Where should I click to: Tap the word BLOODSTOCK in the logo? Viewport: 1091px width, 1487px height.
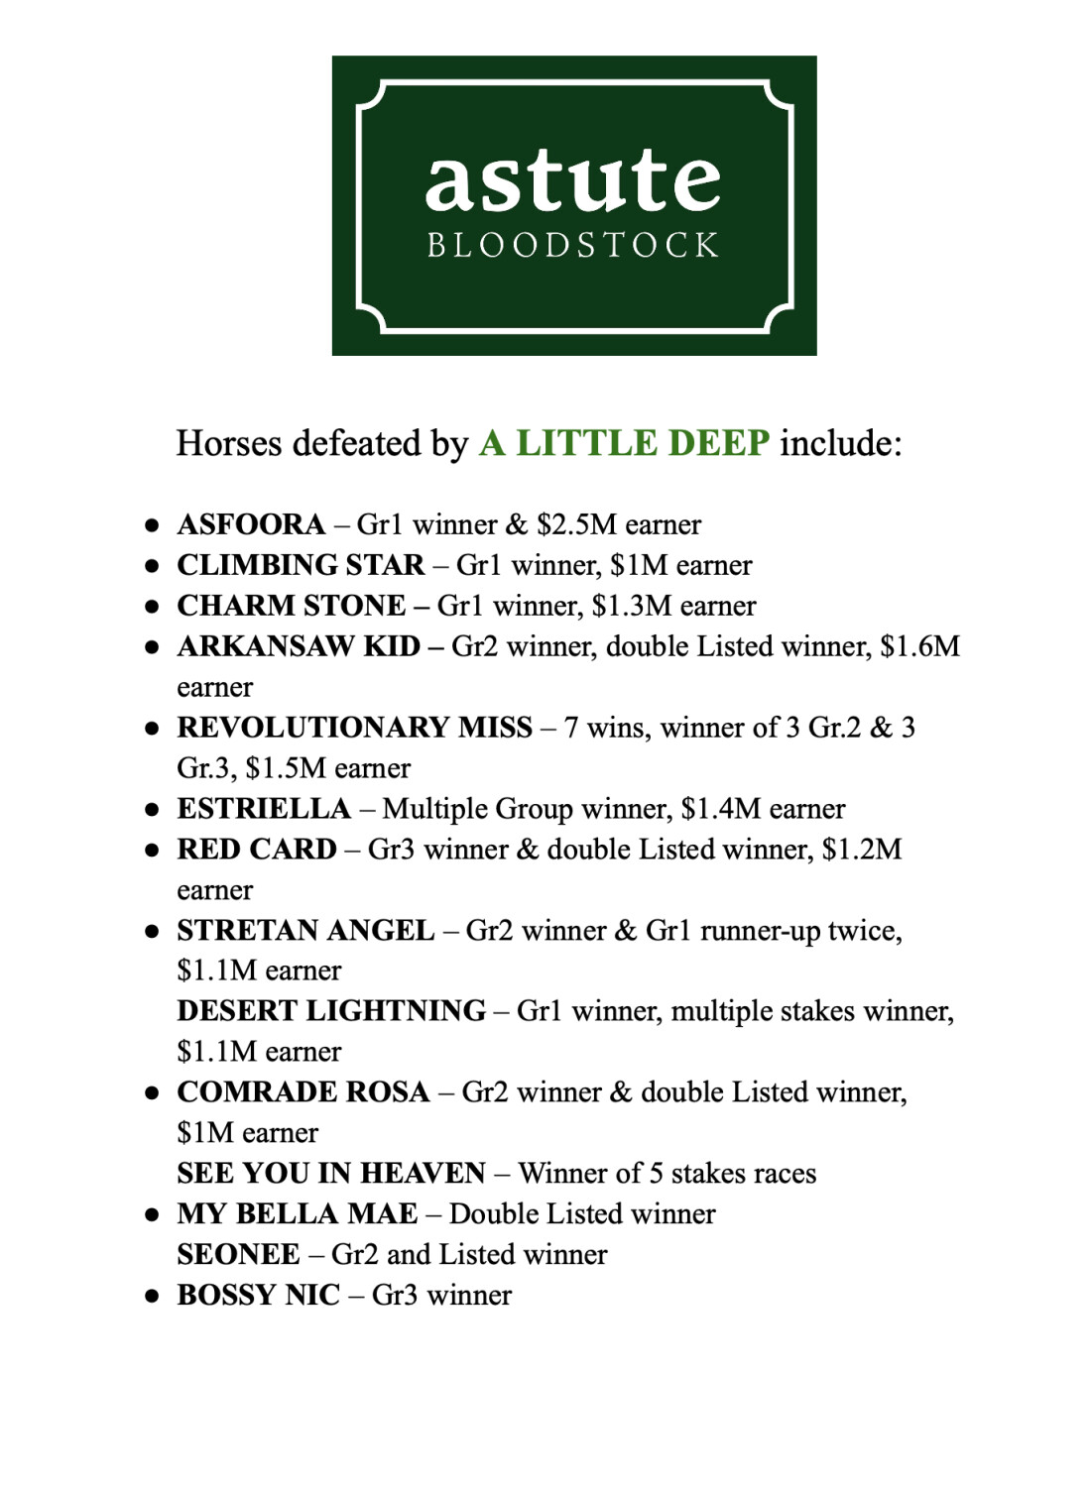point(573,245)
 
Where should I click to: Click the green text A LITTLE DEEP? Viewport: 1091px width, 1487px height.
point(624,443)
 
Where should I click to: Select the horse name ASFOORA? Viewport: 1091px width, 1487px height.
point(251,524)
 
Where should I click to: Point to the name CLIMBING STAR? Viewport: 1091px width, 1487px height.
point(301,565)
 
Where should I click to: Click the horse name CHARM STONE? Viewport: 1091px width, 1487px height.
point(291,606)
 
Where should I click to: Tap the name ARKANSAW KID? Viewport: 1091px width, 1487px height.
point(299,646)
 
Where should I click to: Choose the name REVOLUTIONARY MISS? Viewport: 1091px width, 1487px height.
point(354,728)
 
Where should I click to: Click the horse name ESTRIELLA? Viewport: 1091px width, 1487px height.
point(264,809)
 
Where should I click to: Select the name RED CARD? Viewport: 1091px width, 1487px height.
point(257,850)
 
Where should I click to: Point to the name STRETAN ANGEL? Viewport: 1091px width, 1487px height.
point(305,931)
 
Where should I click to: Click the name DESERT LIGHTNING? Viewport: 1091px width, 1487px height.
point(331,1011)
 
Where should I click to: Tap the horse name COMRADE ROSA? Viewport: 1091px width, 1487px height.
point(303,1092)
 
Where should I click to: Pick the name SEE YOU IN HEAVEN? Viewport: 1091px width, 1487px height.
point(331,1174)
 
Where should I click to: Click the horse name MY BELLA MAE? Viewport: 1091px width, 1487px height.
point(298,1214)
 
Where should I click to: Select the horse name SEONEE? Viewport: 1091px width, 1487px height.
point(238,1255)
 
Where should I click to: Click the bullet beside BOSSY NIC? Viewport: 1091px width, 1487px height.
point(152,1296)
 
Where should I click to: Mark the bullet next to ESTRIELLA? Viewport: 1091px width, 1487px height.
point(152,809)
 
